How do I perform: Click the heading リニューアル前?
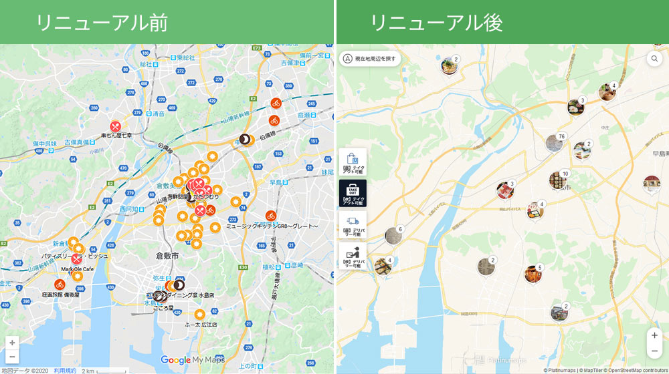[101, 22]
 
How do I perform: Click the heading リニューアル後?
[436, 22]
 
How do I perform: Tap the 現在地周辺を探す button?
[370, 58]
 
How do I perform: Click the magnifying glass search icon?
[654, 59]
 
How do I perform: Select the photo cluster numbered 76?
[554, 144]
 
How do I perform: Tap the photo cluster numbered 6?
[393, 236]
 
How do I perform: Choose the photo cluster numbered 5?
[533, 274]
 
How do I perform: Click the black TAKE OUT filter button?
[353, 193]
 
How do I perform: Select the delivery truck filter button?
[353, 224]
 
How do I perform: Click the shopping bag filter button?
[353, 162]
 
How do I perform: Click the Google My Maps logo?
[193, 361]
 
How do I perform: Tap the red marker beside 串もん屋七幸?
[116, 126]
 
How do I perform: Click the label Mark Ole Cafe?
[78, 269]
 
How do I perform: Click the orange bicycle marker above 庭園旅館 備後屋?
[59, 285]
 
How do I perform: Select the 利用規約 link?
[65, 370]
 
